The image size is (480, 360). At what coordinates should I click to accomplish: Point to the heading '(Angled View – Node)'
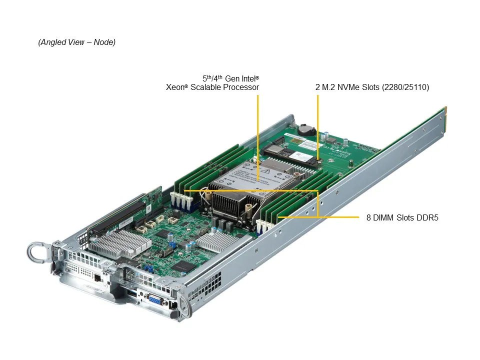coord(76,42)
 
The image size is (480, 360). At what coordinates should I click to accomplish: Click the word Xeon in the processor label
coord(176,87)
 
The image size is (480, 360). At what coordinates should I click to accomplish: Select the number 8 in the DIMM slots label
coord(368,217)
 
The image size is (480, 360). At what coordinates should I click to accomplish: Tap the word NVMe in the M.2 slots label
coord(348,87)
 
